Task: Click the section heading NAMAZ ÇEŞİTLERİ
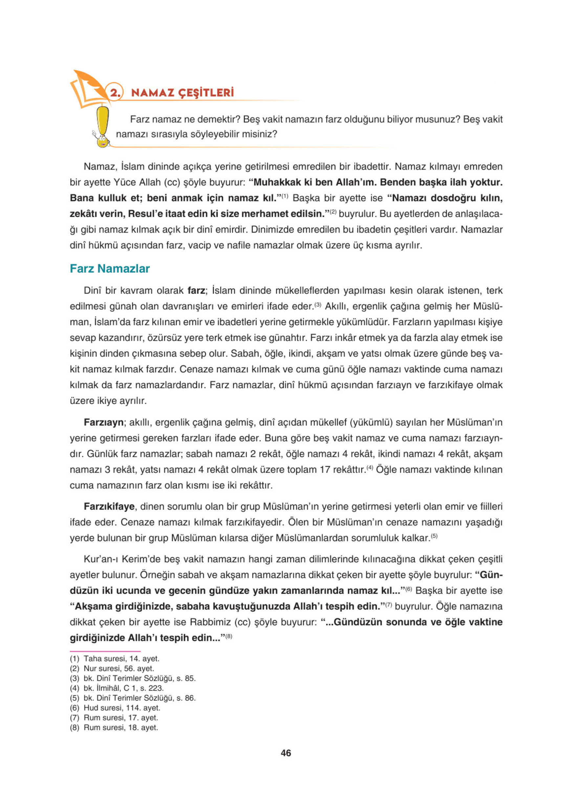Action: (x=182, y=92)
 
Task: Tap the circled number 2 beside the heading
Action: (x=115, y=92)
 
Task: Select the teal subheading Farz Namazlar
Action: (x=109, y=269)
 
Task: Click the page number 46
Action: (x=286, y=753)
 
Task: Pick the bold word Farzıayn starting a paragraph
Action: (x=103, y=422)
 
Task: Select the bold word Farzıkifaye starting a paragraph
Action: (x=109, y=506)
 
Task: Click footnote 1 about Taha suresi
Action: (x=115, y=659)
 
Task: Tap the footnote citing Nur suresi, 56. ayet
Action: (x=112, y=668)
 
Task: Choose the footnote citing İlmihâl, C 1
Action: (x=117, y=688)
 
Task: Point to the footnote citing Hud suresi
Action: (x=115, y=708)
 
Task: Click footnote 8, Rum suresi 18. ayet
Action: (x=114, y=727)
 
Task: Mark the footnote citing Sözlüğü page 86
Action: (x=133, y=698)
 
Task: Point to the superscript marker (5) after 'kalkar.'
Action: (x=434, y=536)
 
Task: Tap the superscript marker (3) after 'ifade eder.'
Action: (x=318, y=304)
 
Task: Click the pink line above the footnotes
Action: (x=105, y=651)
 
